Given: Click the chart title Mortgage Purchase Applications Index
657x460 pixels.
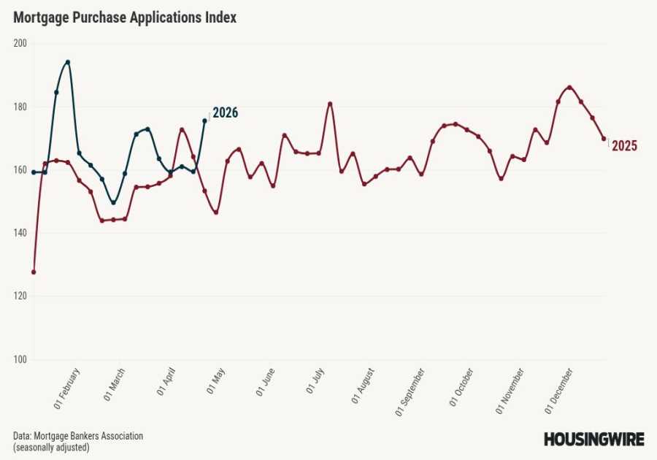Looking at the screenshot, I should (x=125, y=18).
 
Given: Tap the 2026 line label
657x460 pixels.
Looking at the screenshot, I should (x=225, y=112).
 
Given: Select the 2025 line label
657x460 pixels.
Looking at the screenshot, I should (x=624, y=146).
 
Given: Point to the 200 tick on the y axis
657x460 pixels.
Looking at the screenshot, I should (x=20, y=43).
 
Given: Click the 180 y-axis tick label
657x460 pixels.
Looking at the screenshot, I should (x=20, y=107).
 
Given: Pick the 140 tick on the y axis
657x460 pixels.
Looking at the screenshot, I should (x=20, y=233).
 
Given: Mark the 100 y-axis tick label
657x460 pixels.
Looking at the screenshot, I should (x=20, y=359).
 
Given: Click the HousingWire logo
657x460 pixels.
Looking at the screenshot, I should (x=593, y=439).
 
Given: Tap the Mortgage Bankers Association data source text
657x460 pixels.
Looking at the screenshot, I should (x=78, y=436).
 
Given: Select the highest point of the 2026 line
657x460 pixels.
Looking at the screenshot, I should (x=68, y=62).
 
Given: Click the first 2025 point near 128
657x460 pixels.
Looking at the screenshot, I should (x=34, y=272).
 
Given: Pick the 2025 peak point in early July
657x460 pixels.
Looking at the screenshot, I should (x=330, y=104).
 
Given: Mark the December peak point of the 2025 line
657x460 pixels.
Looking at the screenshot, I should (x=569, y=88).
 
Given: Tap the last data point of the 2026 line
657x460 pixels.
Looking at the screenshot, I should (x=204, y=120).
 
